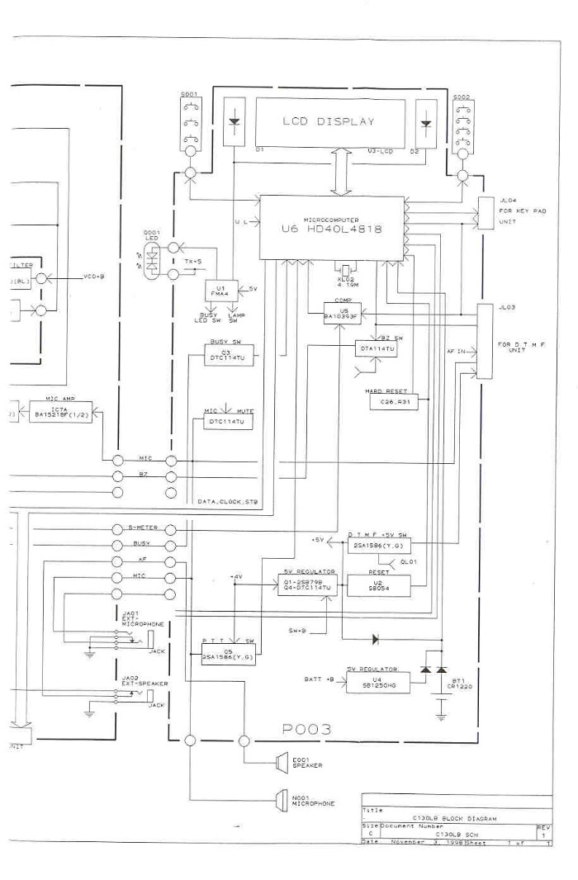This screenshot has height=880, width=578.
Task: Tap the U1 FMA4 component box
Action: pos(221,291)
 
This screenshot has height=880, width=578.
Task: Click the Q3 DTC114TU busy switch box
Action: pos(230,356)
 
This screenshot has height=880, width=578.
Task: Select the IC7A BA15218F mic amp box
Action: pos(57,412)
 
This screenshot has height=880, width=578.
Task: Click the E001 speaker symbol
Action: pos(282,764)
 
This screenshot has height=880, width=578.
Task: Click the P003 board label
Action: pos(306,729)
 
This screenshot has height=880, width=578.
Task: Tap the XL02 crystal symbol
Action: pos(344,268)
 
